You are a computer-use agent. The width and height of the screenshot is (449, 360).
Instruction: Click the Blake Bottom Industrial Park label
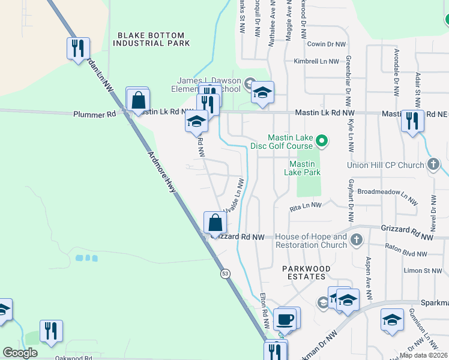point(154,39)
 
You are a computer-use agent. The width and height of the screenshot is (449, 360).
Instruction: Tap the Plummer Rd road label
point(94,114)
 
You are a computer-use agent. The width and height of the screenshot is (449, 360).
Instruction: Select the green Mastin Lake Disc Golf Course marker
point(321,142)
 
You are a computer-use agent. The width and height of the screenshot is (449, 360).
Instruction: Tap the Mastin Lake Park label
point(302,168)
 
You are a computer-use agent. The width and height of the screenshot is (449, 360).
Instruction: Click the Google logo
point(20,353)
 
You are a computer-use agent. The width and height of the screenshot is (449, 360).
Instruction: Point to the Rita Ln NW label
point(306,206)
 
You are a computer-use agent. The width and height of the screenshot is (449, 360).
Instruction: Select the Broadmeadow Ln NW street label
point(387,196)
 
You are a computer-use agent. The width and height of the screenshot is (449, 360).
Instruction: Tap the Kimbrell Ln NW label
point(316,61)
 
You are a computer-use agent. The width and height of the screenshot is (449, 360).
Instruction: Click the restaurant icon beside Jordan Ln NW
point(78,49)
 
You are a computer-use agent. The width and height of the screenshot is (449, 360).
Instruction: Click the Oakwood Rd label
point(73,358)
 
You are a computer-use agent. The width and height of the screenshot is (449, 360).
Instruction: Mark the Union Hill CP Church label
point(385,165)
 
